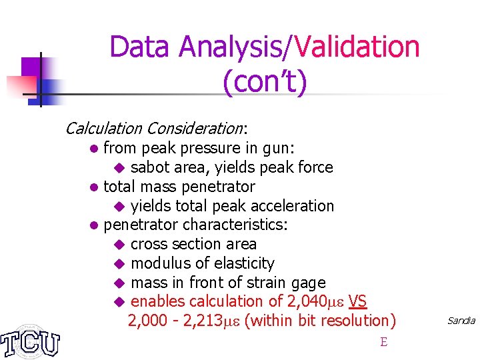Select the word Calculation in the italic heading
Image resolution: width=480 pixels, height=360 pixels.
103,128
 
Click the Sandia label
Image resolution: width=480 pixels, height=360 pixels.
461,321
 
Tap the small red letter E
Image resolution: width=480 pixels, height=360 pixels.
383,343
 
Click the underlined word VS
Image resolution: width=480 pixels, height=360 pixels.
357,301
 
